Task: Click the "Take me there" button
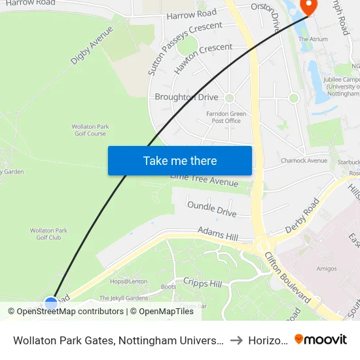179,160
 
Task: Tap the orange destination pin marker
307,7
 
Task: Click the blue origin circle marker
51,303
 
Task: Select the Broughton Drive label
187,97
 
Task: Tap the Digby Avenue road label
92,45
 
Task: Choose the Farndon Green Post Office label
226,117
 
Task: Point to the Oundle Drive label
211,209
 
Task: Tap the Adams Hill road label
219,234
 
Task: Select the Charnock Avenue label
303,160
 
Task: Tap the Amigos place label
326,268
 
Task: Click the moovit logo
321,339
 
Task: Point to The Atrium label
313,39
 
